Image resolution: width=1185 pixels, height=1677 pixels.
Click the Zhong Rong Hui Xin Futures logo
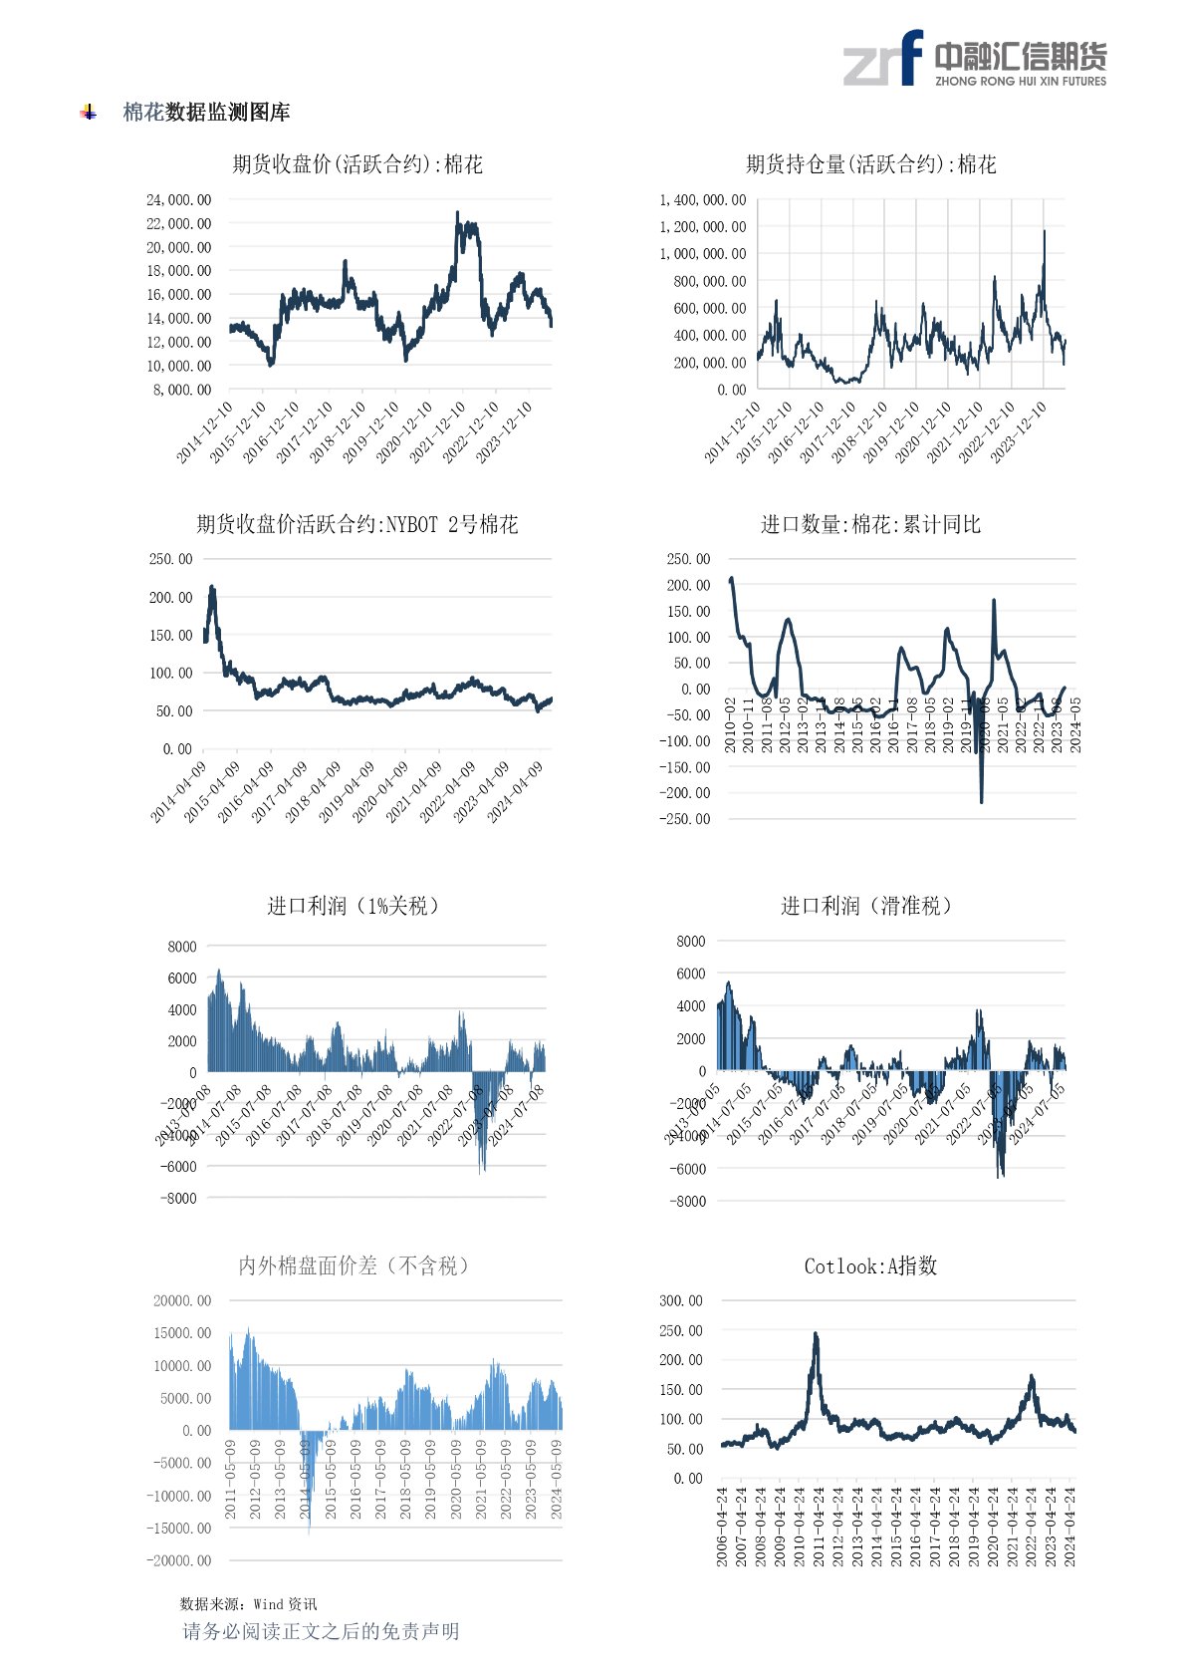tap(974, 59)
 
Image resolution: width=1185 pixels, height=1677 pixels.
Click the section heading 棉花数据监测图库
tap(206, 113)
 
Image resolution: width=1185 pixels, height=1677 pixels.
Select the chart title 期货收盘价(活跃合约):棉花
tap(357, 164)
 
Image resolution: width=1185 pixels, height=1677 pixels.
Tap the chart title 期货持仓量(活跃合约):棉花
tap(871, 164)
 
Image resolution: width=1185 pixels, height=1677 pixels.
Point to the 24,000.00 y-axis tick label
tap(179, 200)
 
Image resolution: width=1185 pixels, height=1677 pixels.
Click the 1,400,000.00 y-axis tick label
tap(703, 200)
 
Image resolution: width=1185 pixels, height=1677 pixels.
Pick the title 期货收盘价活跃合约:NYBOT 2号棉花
tap(357, 524)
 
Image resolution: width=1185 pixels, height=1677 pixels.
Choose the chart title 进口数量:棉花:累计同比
tap(871, 524)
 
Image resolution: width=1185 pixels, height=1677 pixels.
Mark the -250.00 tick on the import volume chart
tap(687, 819)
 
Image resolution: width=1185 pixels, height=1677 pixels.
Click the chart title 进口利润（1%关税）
tap(354, 906)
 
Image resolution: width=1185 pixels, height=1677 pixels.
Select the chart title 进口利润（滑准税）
tap(867, 906)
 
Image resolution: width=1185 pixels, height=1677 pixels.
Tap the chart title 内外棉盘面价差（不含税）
tap(354, 1265)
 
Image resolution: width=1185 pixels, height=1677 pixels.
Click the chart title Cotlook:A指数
tap(871, 1265)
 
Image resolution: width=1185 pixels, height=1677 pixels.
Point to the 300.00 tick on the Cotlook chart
tap(681, 1300)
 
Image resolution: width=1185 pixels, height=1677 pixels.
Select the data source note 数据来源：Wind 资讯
tap(249, 1603)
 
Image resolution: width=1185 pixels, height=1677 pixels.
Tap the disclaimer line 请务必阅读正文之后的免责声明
tap(321, 1631)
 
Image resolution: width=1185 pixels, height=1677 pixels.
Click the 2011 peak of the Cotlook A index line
tap(816, 1334)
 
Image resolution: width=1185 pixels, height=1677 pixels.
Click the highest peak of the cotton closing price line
tap(457, 212)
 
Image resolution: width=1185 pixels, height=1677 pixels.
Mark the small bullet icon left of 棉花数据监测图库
tap(89, 113)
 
